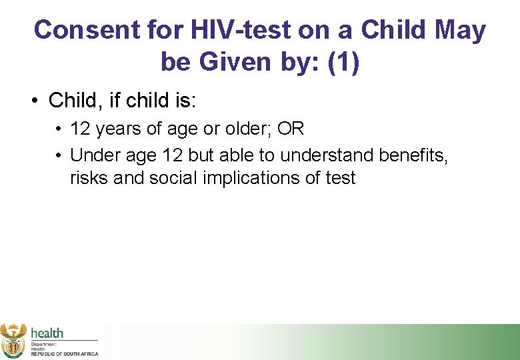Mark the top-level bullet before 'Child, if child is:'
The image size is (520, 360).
[33, 101]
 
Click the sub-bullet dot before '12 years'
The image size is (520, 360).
[59, 129]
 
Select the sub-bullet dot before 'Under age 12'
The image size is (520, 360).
[59, 155]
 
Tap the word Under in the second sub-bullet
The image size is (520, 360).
[92, 155]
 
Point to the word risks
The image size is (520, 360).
[86, 178]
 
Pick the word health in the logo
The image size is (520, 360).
[47, 333]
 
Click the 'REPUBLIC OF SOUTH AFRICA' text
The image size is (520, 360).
[64, 353]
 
